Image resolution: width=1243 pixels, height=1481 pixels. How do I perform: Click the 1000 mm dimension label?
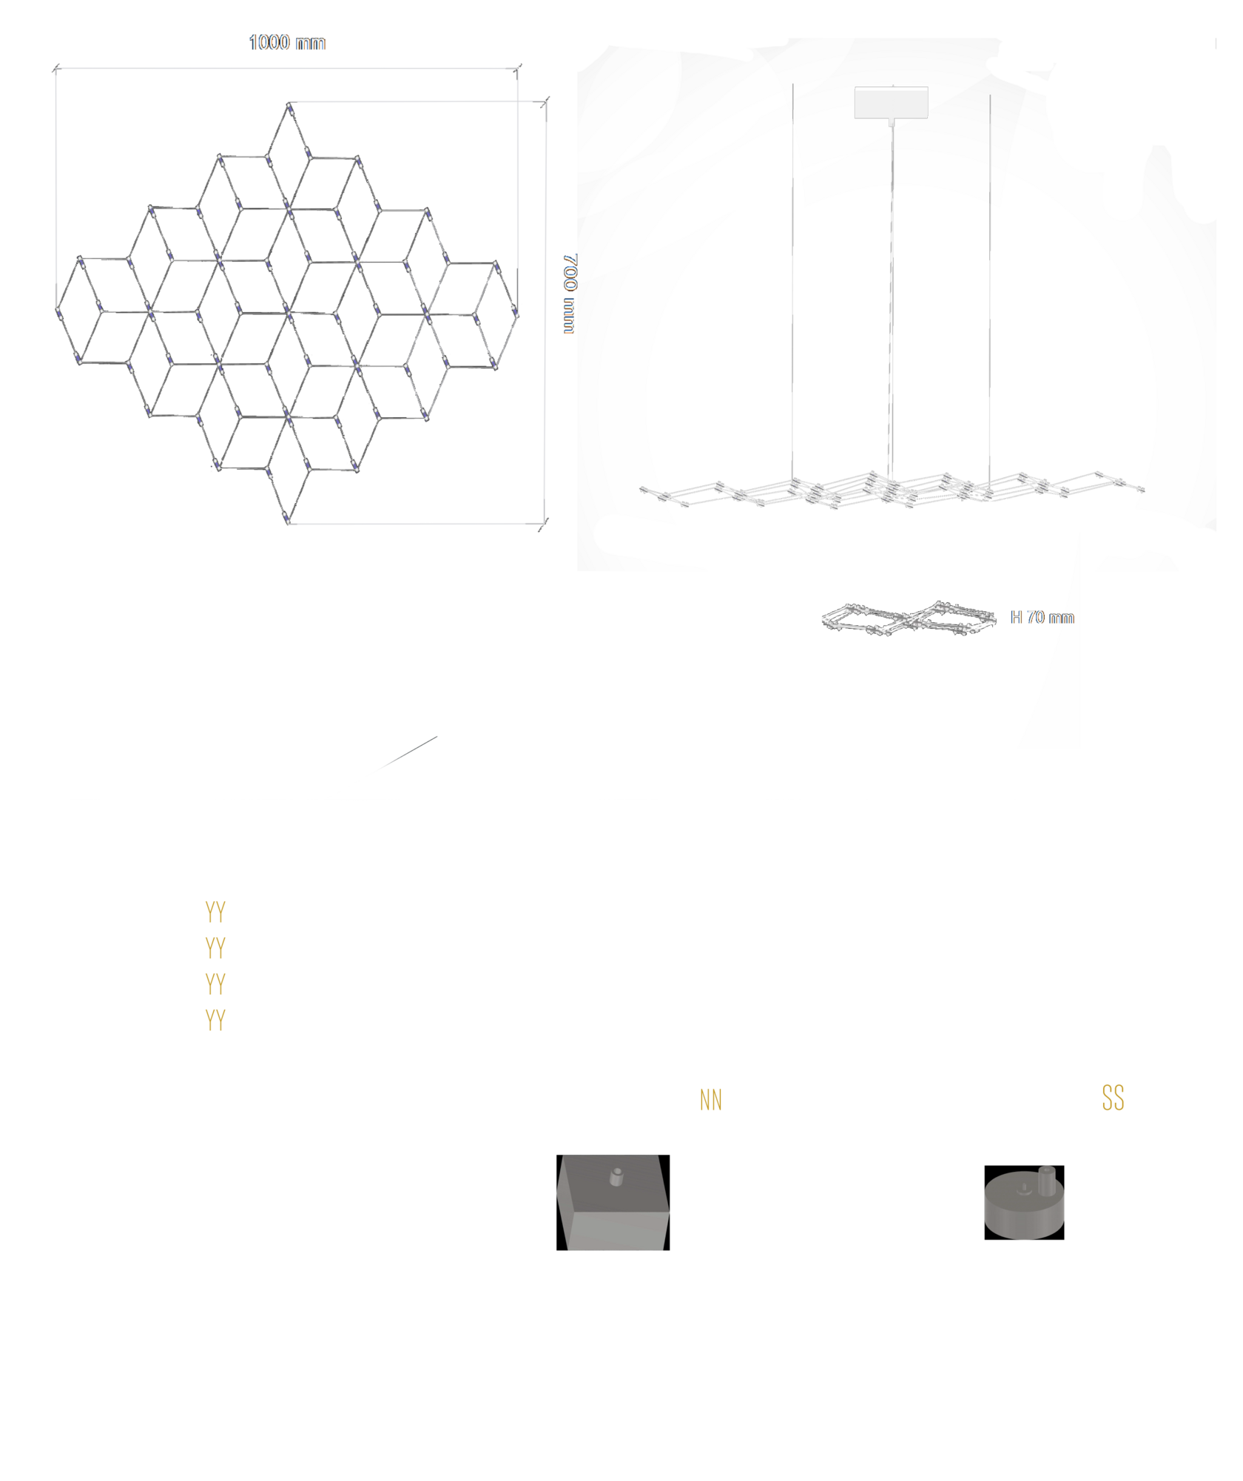[x=287, y=42]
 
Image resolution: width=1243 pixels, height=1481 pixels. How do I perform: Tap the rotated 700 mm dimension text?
[x=570, y=294]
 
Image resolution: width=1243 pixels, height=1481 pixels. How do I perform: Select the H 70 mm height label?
[x=1042, y=617]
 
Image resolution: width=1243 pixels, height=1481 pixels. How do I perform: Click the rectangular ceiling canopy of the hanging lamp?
[x=891, y=102]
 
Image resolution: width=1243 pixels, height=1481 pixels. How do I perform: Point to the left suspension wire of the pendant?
[x=792, y=281]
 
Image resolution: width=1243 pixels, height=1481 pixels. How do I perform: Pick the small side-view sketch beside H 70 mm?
[x=909, y=618]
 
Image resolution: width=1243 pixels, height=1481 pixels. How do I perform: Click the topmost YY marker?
[x=215, y=912]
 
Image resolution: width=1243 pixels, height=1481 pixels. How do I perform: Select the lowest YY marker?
[x=215, y=1020]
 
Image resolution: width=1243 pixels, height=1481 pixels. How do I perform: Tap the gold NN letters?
[x=710, y=1100]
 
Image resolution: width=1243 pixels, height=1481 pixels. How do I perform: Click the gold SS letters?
[x=1113, y=1098]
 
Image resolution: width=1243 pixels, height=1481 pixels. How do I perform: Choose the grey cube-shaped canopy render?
[x=613, y=1202]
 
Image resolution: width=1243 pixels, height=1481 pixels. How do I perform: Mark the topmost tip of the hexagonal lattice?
[x=289, y=103]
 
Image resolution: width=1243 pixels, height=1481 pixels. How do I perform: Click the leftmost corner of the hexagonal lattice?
[x=57, y=309]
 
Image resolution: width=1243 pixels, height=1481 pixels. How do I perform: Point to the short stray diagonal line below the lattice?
[x=406, y=754]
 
